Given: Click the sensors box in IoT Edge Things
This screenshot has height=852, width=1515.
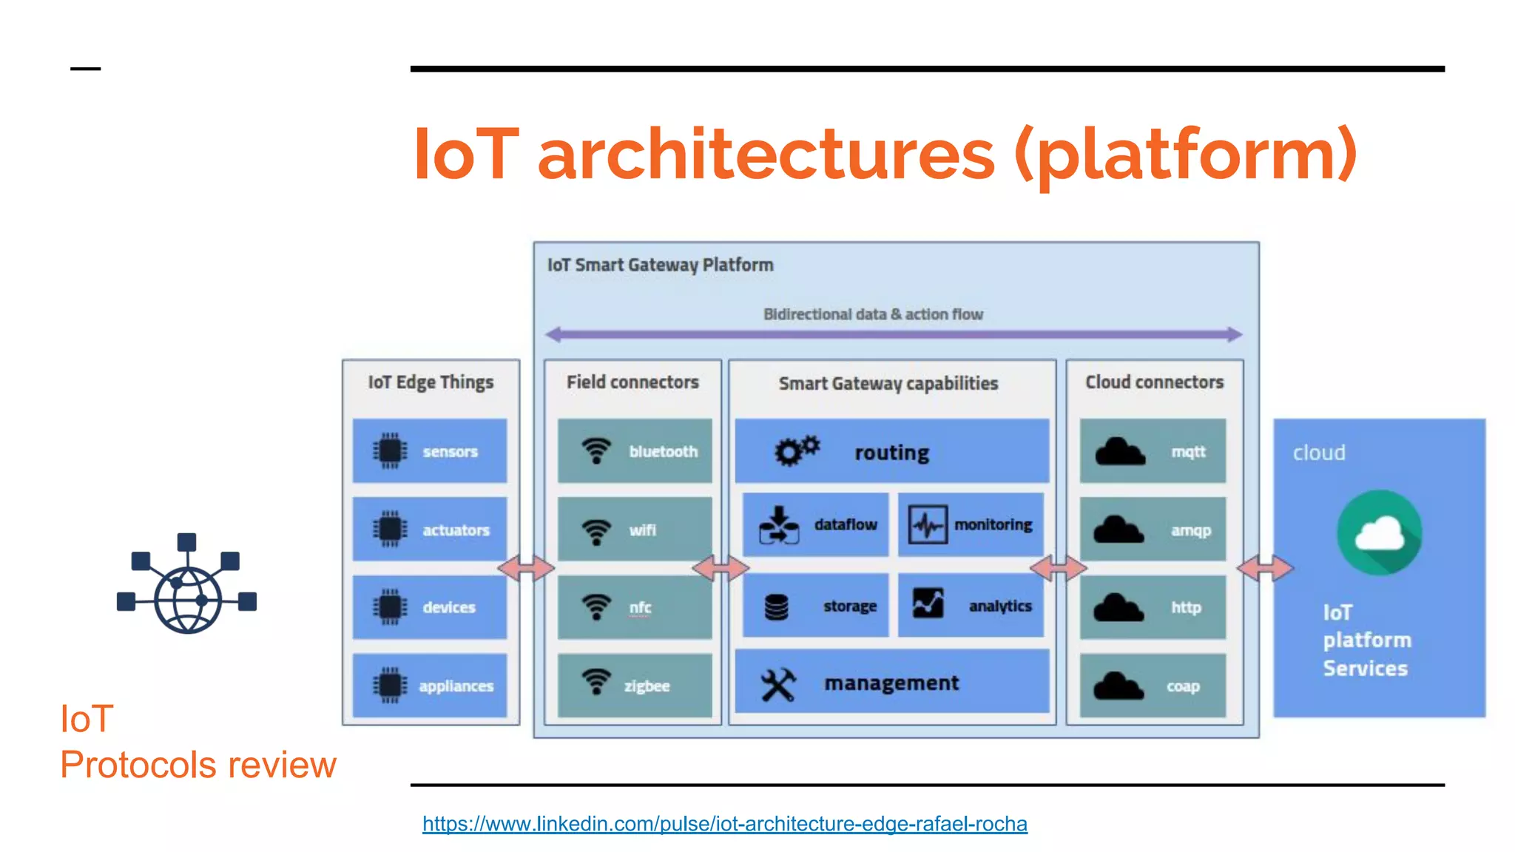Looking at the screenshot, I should [430, 451].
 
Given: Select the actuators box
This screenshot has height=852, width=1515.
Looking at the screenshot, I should [430, 530].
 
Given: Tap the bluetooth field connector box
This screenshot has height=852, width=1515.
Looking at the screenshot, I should [635, 451].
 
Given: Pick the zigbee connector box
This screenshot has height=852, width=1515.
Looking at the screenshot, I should [635, 686].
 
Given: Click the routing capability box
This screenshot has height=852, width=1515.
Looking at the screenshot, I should [891, 451].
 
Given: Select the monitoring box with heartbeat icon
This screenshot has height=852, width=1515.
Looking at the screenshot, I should [971, 524].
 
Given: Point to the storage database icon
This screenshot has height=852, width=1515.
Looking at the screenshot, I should [776, 606].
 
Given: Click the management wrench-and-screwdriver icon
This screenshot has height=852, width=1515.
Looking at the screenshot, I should [778, 684].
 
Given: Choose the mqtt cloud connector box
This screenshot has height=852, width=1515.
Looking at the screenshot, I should [1153, 451].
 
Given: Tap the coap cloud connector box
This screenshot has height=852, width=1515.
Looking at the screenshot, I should [1153, 686].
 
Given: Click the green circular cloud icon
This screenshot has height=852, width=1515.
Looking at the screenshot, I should [1380, 533].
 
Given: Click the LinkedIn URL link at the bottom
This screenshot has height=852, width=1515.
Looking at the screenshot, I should [724, 823].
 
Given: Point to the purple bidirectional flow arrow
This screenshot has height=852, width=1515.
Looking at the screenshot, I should [894, 334].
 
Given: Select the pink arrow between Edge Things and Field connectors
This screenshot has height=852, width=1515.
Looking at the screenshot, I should [526, 568].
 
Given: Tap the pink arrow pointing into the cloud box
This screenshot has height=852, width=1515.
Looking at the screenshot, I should [1266, 568].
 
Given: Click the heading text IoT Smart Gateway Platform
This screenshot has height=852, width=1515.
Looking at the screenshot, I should [660, 265].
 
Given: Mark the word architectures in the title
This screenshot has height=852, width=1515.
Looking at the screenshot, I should [766, 154].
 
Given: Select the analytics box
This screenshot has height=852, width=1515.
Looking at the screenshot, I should [971, 606].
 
